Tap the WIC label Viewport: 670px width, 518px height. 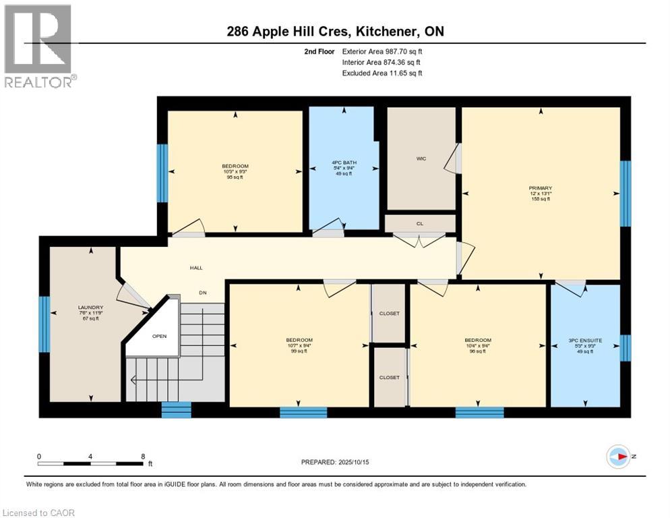click(x=421, y=159)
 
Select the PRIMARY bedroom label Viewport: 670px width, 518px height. click(x=540, y=188)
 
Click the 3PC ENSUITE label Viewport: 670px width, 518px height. click(x=585, y=341)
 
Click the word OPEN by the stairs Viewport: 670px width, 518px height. click(x=159, y=336)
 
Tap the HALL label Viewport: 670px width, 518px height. click(x=196, y=268)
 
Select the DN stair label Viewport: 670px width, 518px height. click(x=202, y=293)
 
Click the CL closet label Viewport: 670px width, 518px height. click(x=419, y=223)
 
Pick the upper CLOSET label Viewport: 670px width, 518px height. click(x=389, y=314)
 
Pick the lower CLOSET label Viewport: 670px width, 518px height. click(x=389, y=377)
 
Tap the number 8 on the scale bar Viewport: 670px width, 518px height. click(x=143, y=456)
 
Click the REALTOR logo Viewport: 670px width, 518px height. click(x=39, y=46)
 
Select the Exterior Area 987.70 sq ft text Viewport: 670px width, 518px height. click(x=382, y=51)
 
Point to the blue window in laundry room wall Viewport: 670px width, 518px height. click(x=44, y=324)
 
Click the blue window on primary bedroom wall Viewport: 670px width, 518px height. click(x=625, y=194)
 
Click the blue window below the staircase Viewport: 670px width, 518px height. click(x=176, y=409)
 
